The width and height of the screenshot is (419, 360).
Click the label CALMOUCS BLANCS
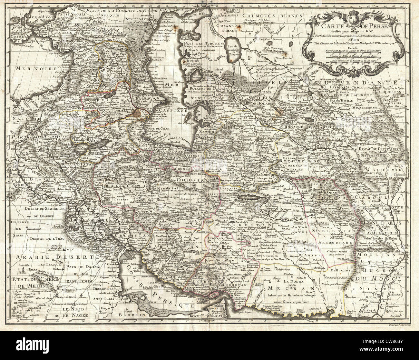(x=265, y=15)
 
